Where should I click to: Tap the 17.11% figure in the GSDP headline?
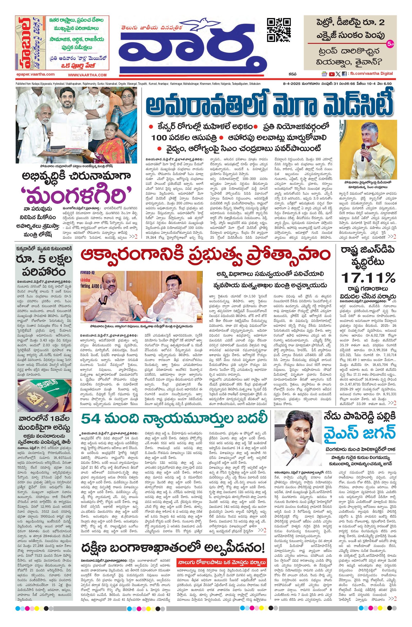368,278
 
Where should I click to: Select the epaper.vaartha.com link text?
35,75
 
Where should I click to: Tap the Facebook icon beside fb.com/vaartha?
344,74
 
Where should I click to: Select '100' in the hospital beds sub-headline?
160,138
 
